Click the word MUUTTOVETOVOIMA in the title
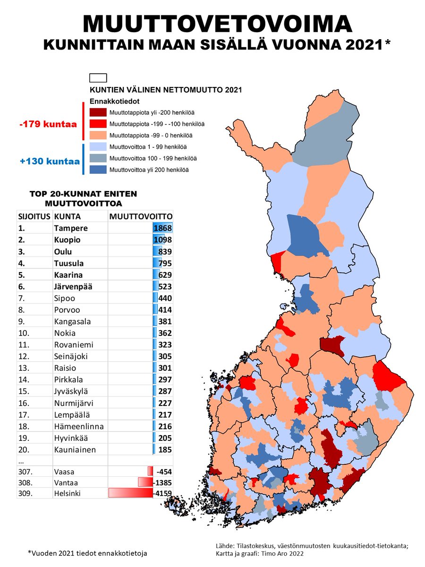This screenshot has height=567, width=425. pyautogui.click(x=217, y=24)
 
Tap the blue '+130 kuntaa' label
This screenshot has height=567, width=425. pyautogui.click(x=50, y=161)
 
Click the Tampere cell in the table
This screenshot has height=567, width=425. pyautogui.click(x=71, y=228)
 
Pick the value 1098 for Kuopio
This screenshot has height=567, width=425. pyautogui.click(x=162, y=240)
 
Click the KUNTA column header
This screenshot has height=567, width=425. pyautogui.click(x=67, y=216)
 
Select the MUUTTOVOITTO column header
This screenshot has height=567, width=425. pyautogui.click(x=140, y=216)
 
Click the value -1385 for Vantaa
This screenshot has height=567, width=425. pyautogui.click(x=162, y=482)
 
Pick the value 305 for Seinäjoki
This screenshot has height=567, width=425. pyautogui.click(x=165, y=357)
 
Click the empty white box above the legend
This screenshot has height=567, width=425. pyautogui.click(x=98, y=78)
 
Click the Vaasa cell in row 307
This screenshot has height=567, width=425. pyautogui.click(x=65, y=471)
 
